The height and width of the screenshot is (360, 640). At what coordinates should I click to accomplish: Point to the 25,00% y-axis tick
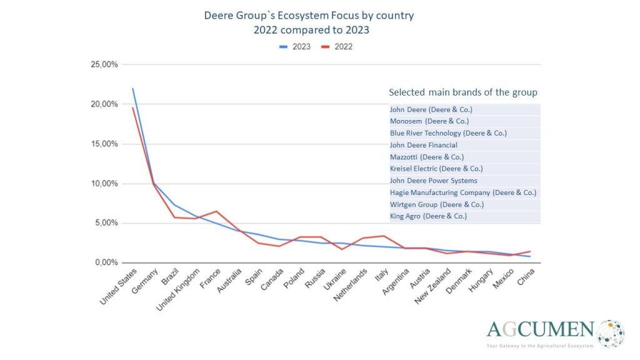click(x=104, y=64)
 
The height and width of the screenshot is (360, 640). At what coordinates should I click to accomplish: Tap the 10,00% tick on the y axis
click(x=104, y=184)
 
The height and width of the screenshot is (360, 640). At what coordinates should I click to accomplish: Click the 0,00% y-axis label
click(x=106, y=262)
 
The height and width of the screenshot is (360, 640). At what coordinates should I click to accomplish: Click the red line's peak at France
click(x=216, y=211)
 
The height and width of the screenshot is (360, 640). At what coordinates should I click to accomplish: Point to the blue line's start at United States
click(x=133, y=89)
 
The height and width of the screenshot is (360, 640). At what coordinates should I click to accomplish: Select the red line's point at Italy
click(x=383, y=236)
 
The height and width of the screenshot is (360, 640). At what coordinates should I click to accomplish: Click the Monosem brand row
click(x=429, y=121)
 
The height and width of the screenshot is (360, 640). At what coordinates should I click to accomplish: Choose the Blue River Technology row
click(x=448, y=133)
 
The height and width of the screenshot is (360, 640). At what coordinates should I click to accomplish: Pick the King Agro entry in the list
click(x=428, y=216)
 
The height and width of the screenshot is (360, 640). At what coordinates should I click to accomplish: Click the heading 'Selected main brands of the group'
click(x=462, y=92)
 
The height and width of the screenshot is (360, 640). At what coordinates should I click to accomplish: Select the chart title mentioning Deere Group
click(x=309, y=15)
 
